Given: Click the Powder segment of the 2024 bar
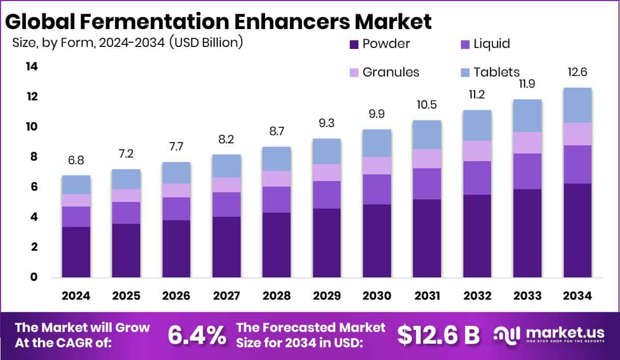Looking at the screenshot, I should [76, 252].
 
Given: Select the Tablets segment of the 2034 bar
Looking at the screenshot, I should [578, 105].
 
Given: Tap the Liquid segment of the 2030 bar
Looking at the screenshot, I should [377, 189].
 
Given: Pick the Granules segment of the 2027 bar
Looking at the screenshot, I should [226, 185].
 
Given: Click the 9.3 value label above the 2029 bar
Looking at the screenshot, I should [327, 123].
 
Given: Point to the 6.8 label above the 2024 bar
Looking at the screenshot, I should [76, 160].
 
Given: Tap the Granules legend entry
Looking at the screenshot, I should [390, 72].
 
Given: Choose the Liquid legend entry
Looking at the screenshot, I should [491, 44].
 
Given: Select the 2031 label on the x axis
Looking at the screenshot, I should [427, 296].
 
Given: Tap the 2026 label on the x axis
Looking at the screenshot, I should [176, 296].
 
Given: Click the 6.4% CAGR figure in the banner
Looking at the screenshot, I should [197, 336].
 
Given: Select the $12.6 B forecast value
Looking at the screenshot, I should [438, 335].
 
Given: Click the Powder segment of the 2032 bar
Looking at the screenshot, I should [477, 236].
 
